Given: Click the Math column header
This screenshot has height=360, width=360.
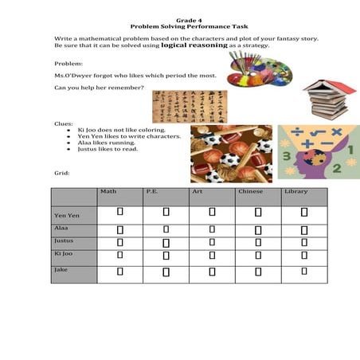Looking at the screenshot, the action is (108, 192).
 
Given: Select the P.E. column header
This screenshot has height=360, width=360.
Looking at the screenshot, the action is (153, 192).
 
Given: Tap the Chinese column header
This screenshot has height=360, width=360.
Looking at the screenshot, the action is (248, 192).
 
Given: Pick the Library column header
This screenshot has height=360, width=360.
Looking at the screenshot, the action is (295, 192).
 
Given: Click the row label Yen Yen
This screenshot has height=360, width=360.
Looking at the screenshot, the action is (65, 215).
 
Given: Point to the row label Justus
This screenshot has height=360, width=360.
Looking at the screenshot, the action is (64, 240).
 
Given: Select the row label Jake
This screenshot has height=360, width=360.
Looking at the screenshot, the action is (60, 270).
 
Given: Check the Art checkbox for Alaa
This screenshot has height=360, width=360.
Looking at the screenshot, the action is (212, 229).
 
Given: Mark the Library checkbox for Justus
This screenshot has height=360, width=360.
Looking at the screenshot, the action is (304, 241).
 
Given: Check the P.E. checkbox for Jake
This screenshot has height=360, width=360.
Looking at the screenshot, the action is (166, 272).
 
